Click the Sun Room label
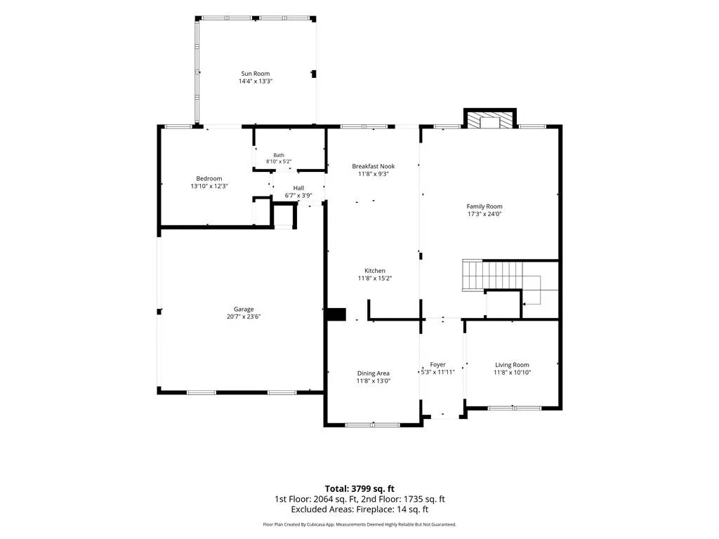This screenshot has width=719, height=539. [256, 73]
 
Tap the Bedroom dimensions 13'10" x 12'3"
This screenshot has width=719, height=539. [209, 186]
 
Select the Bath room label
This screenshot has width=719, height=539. [279, 155]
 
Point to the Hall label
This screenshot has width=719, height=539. [298, 188]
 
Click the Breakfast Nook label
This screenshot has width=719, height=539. [374, 166]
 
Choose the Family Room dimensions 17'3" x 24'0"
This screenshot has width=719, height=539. [484, 213]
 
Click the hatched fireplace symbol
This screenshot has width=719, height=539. [490, 120]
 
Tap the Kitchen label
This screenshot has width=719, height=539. [375, 270]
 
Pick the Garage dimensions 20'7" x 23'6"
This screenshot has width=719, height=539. [244, 317]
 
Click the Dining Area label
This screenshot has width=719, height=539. [374, 373]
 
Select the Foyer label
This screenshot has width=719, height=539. [438, 364]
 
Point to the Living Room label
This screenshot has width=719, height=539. [512, 365]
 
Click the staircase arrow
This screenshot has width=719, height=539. [532, 298]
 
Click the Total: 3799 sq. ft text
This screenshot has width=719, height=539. [359, 488]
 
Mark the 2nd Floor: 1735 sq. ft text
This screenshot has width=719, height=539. [403, 499]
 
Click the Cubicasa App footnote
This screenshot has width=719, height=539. [359, 524]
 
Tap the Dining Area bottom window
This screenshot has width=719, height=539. [373, 425]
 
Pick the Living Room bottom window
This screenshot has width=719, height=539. [514, 408]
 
